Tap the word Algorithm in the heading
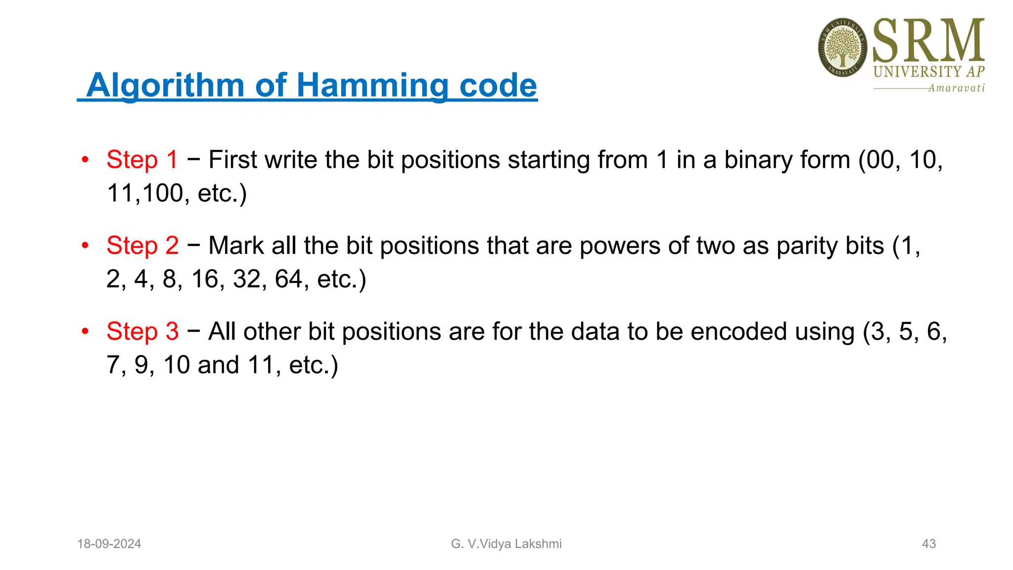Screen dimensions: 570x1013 pyautogui.click(x=165, y=85)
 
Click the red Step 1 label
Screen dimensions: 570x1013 pyautogui.click(x=142, y=160)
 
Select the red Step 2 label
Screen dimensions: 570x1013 pyautogui.click(x=142, y=245)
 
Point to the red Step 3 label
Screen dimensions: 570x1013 pyautogui.click(x=142, y=331)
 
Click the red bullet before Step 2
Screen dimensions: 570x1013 pyautogui.click(x=85, y=245)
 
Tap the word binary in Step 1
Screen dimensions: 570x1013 pyautogui.click(x=758, y=160)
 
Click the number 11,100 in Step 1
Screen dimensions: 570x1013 pyautogui.click(x=145, y=193)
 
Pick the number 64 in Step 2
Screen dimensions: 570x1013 pyautogui.click(x=288, y=279)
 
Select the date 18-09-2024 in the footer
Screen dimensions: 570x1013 pyautogui.click(x=109, y=544)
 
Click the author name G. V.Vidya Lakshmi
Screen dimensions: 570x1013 pyautogui.click(x=506, y=544)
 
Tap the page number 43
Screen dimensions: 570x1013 pyautogui.click(x=928, y=544)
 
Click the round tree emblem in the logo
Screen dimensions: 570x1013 pyautogui.click(x=842, y=47)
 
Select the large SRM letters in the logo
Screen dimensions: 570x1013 pyautogui.click(x=928, y=41)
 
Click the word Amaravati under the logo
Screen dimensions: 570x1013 pyautogui.click(x=956, y=88)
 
